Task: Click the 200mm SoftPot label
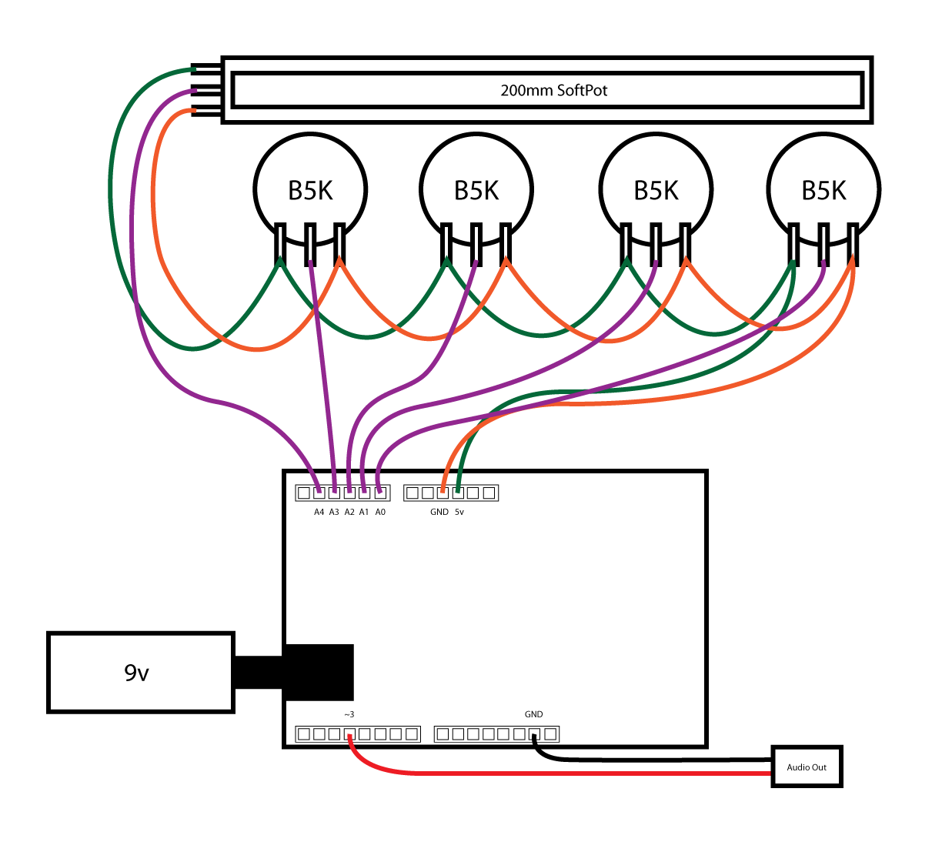pyautogui.click(x=553, y=90)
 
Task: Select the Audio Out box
pyautogui.click(x=807, y=767)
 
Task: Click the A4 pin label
pyautogui.click(x=319, y=512)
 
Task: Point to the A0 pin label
pyautogui.click(x=380, y=512)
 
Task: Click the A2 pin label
pyautogui.click(x=349, y=512)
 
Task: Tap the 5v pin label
pyautogui.click(x=459, y=512)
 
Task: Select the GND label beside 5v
pyautogui.click(x=439, y=512)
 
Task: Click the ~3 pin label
pyautogui.click(x=349, y=714)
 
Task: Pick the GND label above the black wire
pyautogui.click(x=533, y=714)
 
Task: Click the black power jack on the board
pyautogui.click(x=319, y=673)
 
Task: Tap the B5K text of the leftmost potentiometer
pyautogui.click(x=310, y=190)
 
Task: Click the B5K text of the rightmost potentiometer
pyautogui.click(x=823, y=190)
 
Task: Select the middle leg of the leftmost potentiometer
pyautogui.click(x=310, y=244)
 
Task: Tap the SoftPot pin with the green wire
pyautogui.click(x=206, y=70)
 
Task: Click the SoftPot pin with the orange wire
pyautogui.click(x=206, y=112)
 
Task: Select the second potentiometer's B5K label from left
pyautogui.click(x=476, y=190)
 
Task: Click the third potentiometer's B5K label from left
pyautogui.click(x=656, y=190)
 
